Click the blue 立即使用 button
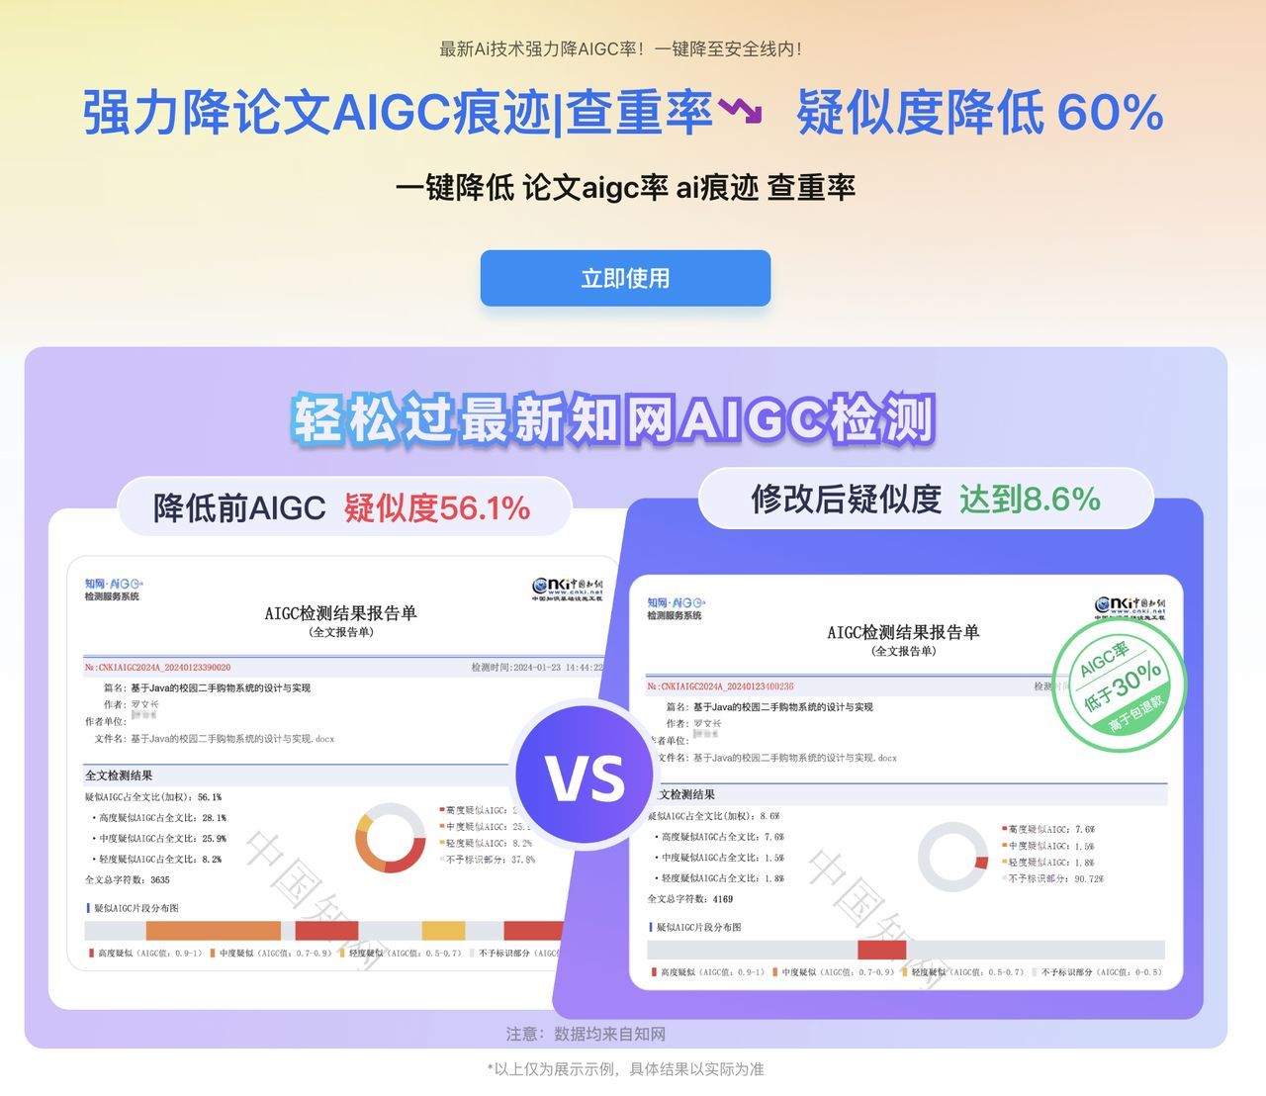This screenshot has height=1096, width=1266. tap(625, 278)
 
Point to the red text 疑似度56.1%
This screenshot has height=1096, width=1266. tap(437, 507)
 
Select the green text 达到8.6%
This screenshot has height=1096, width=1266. tap(1030, 499)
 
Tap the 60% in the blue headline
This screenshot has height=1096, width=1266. tap(1110, 112)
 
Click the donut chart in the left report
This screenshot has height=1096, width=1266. tap(391, 837)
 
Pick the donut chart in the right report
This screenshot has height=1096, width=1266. tap(952, 857)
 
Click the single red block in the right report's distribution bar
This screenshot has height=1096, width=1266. tap(881, 950)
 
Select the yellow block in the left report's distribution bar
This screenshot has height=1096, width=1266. tap(443, 931)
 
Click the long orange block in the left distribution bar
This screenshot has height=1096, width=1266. tap(214, 931)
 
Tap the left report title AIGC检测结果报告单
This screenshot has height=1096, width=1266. tap(340, 613)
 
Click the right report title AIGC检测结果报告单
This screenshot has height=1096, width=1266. tap(903, 632)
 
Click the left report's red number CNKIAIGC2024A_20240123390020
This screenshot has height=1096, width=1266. tap(158, 668)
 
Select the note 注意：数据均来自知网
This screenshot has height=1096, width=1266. tap(586, 1034)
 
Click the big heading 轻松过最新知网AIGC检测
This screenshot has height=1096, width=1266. tap(613, 419)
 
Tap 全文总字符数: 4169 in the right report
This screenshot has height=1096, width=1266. tap(690, 899)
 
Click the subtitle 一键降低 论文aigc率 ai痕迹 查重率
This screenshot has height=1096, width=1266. tap(625, 188)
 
